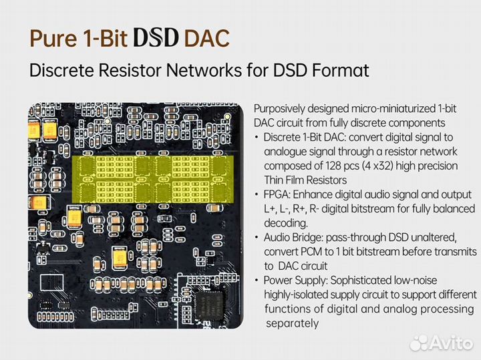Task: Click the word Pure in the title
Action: [x=51, y=38]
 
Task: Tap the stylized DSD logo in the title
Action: [x=156, y=38]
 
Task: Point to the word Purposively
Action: [x=281, y=109]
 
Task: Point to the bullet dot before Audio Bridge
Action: [x=257, y=238]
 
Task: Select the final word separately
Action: [x=293, y=323]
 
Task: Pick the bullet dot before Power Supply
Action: [x=257, y=281]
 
